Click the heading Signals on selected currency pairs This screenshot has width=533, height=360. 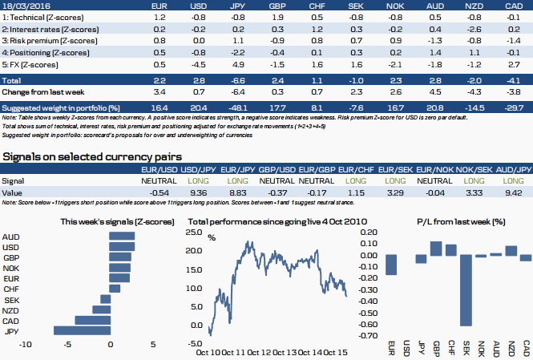tap(91, 156)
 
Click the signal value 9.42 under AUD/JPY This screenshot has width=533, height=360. tap(514, 193)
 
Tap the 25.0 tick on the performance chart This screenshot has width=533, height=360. tap(193, 233)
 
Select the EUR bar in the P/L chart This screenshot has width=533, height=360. tap(392, 265)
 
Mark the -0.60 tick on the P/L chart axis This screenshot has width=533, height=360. tap(367, 325)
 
